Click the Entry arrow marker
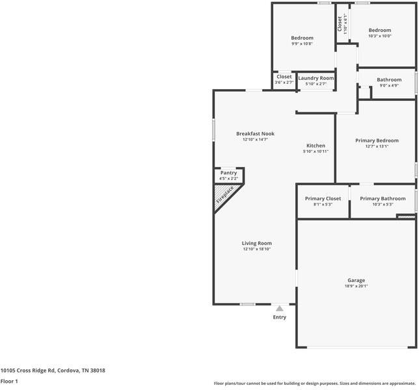279,309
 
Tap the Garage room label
355,280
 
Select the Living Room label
256,243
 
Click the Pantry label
228,173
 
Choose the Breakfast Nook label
255,134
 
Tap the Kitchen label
316,146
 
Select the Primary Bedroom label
377,140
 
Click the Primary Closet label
323,198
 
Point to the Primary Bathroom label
383,198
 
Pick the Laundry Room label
316,78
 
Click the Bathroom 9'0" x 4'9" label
389,80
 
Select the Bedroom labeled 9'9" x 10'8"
302,38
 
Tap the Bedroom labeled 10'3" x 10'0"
380,30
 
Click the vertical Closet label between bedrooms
340,23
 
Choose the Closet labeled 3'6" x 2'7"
284,77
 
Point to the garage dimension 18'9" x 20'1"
356,286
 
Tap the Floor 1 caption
8,382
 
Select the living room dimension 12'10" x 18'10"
256,249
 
